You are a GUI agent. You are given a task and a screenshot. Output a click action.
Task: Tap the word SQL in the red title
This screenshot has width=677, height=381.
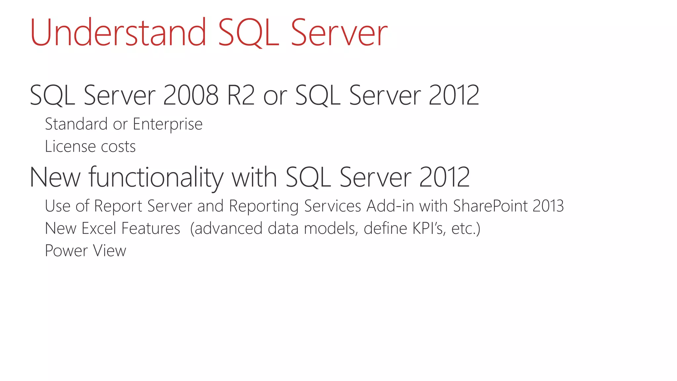click(249, 33)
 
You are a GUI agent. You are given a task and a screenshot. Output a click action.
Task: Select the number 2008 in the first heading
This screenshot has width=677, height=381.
click(191, 95)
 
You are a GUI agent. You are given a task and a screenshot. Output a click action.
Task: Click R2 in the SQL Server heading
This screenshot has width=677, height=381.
click(241, 95)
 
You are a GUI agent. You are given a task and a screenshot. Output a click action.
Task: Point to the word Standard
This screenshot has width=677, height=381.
click(76, 124)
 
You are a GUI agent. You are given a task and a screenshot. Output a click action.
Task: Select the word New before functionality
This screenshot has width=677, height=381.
click(55, 178)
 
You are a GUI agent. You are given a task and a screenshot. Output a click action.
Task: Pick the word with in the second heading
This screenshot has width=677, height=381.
click(254, 178)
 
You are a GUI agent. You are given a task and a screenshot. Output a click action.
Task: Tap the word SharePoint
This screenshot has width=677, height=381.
click(491, 206)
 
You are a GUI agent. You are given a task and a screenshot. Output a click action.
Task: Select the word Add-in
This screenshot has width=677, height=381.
click(390, 206)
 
